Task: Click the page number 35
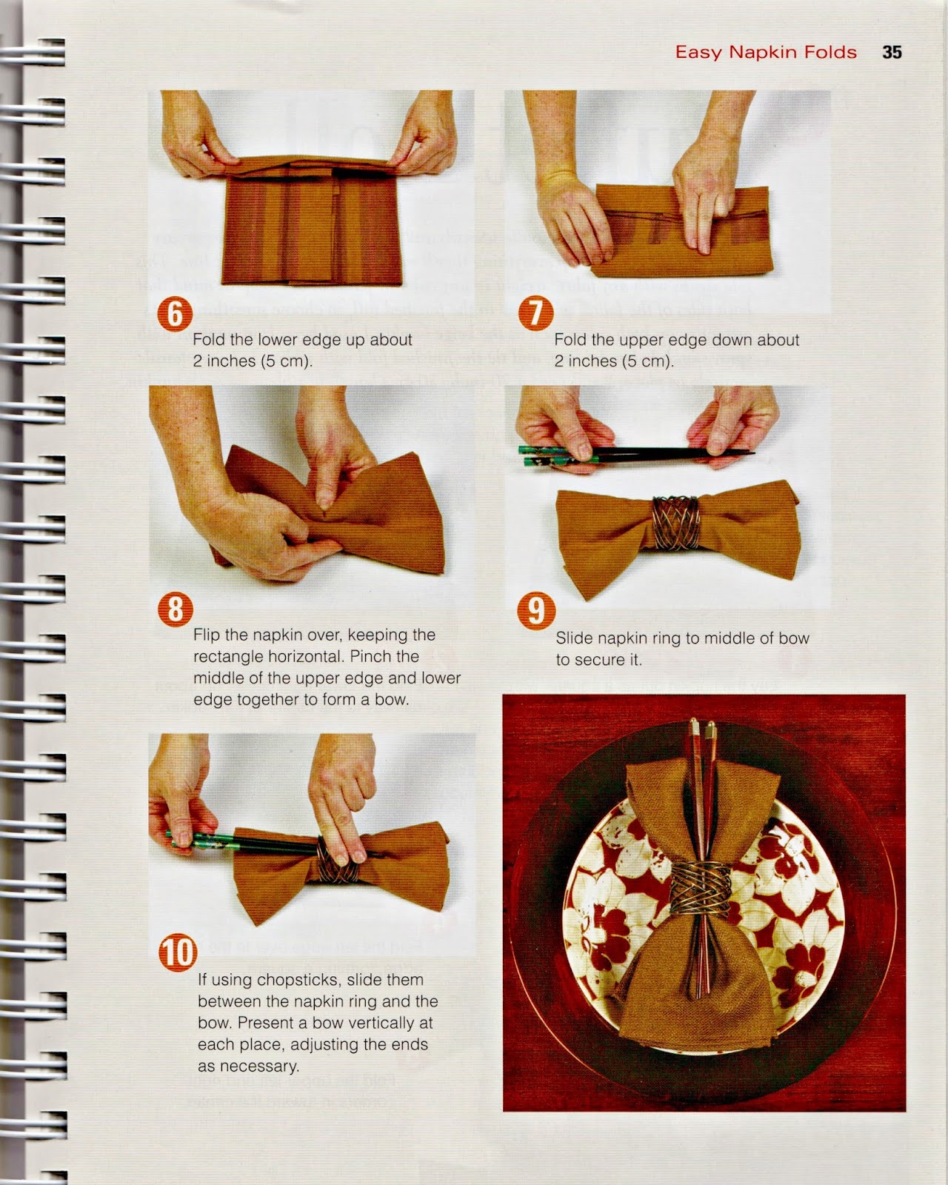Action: (892, 52)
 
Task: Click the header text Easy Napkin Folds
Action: (766, 52)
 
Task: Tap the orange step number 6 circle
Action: (175, 314)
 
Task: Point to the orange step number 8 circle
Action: (176, 609)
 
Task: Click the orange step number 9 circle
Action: (535, 611)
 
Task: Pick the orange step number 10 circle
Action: (178, 952)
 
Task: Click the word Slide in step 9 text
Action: (574, 638)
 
